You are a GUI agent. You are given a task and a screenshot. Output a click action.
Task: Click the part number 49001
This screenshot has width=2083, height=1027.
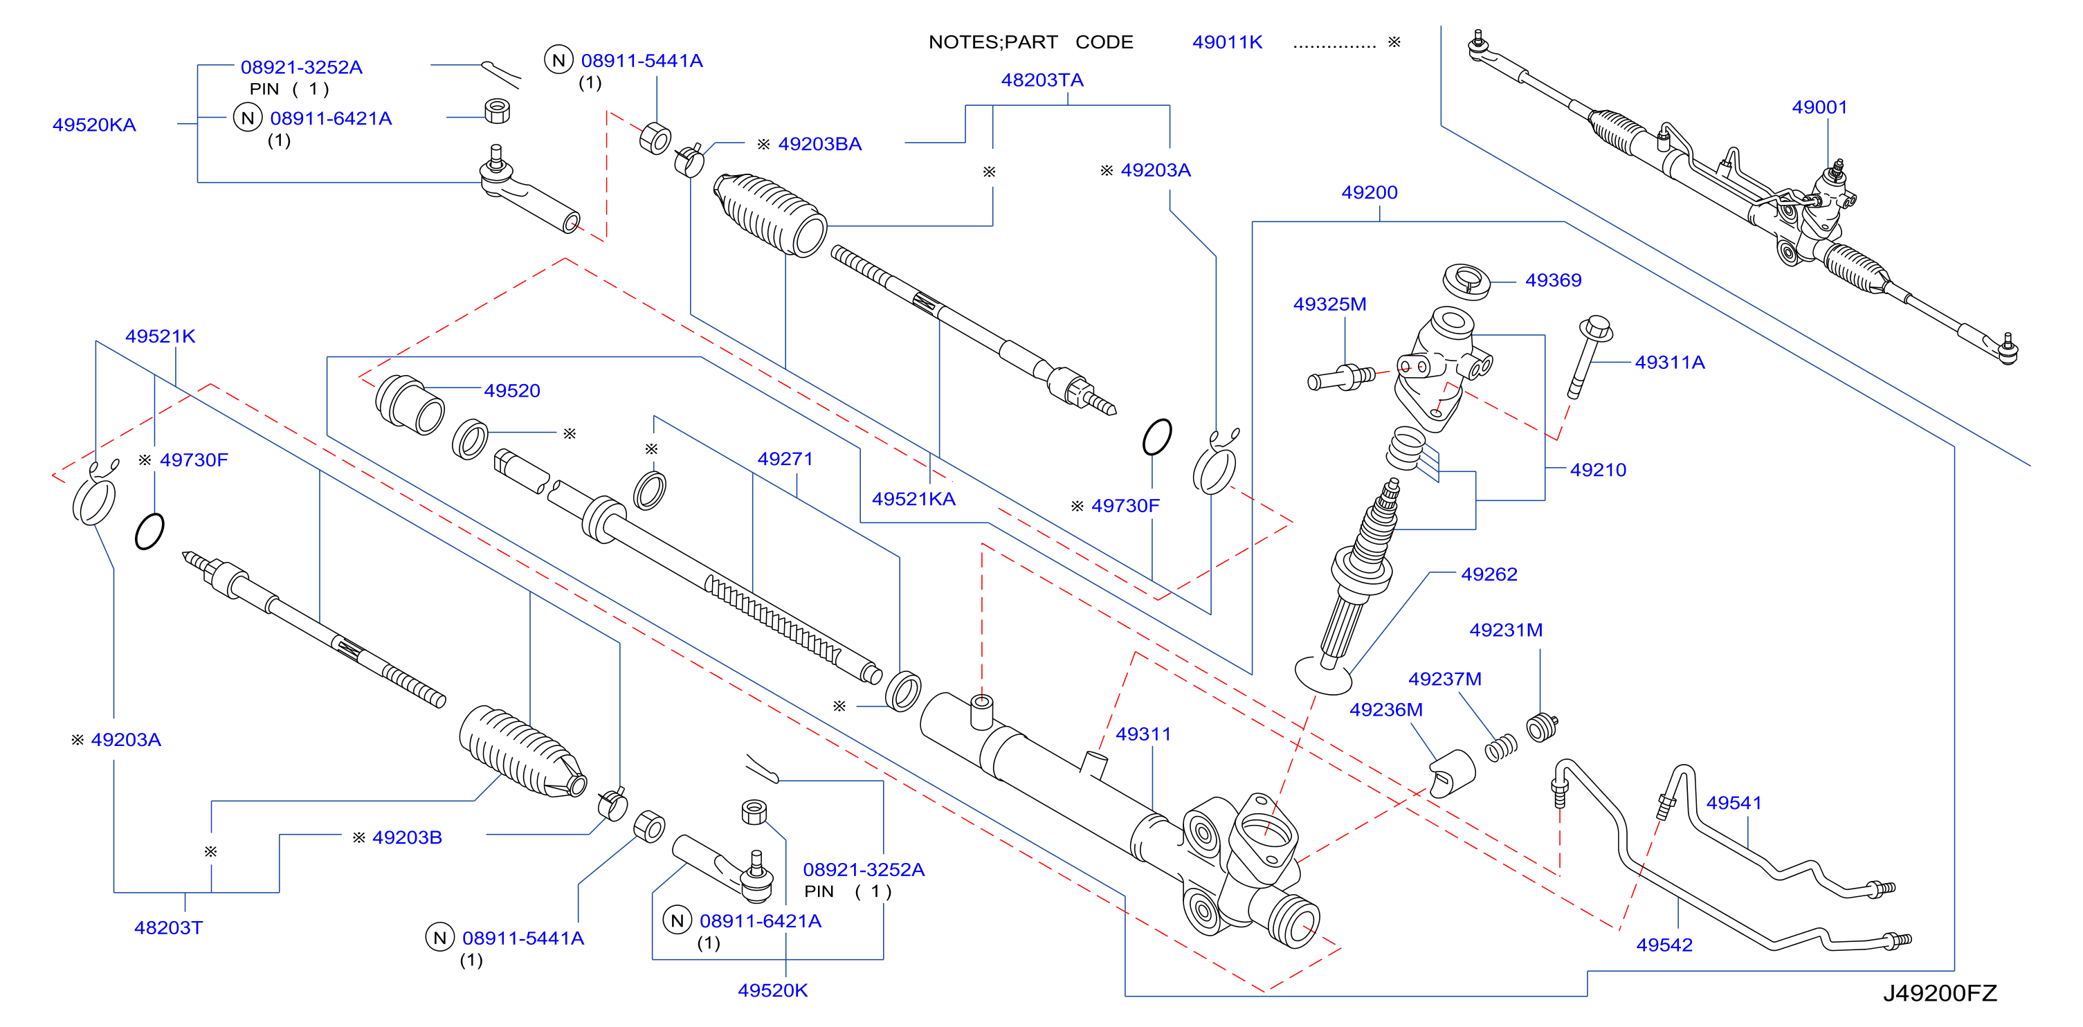click(x=1819, y=107)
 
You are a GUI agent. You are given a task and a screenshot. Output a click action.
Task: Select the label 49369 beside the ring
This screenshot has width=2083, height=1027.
click(x=1552, y=280)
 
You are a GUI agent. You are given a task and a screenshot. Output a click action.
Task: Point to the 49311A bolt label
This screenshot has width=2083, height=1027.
click(x=1669, y=362)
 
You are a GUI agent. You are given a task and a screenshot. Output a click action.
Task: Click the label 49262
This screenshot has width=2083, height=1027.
click(x=1489, y=574)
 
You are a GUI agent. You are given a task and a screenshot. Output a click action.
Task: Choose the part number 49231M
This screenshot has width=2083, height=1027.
click(x=1506, y=630)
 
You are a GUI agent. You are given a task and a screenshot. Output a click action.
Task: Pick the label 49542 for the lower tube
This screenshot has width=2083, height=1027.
click(x=1664, y=945)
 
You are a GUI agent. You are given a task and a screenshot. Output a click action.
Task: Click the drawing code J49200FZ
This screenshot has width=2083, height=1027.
click(x=1940, y=993)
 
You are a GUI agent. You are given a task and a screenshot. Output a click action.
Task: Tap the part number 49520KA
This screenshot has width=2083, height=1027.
click(x=94, y=125)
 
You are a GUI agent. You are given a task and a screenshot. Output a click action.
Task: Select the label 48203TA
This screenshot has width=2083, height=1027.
click(x=1042, y=80)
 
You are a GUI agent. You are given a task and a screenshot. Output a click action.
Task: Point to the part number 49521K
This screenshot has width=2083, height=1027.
click(x=160, y=336)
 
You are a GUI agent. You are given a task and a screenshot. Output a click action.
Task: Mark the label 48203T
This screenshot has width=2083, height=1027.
click(x=168, y=927)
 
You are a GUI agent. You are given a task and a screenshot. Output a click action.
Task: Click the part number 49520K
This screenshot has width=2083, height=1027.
click(x=772, y=990)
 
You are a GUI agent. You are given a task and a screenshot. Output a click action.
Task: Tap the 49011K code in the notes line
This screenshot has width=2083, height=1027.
click(x=1227, y=42)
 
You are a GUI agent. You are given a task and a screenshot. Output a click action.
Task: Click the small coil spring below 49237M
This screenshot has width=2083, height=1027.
click(x=1501, y=749)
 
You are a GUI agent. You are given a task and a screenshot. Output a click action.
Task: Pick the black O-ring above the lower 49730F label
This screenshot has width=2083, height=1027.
click(x=1157, y=437)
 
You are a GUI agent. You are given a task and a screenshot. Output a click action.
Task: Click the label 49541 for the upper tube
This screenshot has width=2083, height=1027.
click(x=1734, y=803)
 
